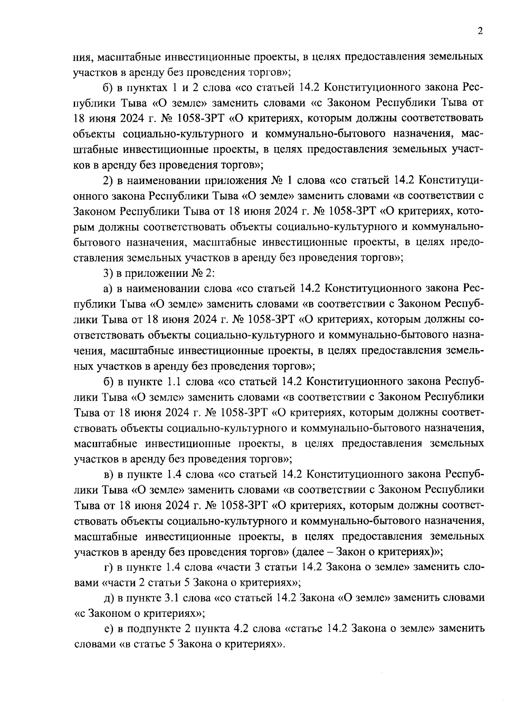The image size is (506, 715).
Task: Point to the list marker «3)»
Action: click(109, 273)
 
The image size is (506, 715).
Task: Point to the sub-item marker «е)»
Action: click(108, 629)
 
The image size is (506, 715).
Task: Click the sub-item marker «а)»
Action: click(108, 289)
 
